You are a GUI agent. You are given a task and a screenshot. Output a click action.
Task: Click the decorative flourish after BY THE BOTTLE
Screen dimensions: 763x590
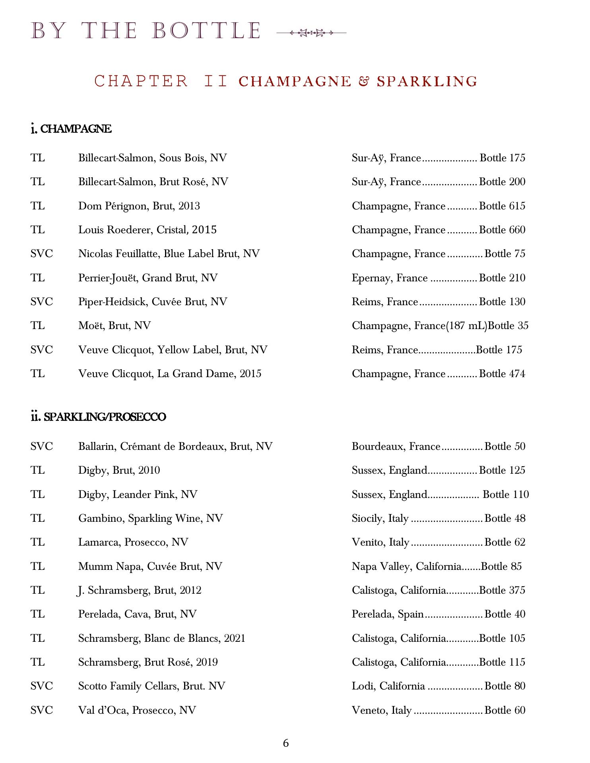(x=311, y=33)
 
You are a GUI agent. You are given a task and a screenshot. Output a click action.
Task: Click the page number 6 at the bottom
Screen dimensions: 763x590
(x=286, y=743)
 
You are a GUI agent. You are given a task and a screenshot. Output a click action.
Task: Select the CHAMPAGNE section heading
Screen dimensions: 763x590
(x=71, y=129)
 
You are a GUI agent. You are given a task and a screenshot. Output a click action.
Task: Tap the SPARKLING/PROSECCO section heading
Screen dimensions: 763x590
(x=98, y=417)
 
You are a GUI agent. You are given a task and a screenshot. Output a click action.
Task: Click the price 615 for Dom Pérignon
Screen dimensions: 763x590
(x=517, y=206)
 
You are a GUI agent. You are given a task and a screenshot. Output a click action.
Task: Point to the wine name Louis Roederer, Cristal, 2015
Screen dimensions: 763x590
(x=147, y=230)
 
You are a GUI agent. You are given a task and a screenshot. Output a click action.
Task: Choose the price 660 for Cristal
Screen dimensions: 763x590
(x=517, y=230)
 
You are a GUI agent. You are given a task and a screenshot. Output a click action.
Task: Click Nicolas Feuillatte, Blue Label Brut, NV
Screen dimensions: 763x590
(x=169, y=254)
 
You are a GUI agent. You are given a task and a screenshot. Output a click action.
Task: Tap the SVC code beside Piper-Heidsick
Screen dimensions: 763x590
(x=41, y=302)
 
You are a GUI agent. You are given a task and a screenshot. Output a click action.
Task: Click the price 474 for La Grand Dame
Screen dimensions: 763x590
(x=517, y=374)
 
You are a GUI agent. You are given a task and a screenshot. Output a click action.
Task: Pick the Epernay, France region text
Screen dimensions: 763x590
(x=389, y=278)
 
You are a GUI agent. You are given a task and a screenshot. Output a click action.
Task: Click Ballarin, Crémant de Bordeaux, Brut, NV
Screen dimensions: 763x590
(x=175, y=446)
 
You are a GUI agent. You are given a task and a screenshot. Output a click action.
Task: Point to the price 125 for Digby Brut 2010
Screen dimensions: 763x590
(x=517, y=470)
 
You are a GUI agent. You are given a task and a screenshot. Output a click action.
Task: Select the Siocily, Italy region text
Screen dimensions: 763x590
(x=380, y=518)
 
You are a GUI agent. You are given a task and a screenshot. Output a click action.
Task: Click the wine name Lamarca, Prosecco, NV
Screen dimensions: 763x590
(x=133, y=542)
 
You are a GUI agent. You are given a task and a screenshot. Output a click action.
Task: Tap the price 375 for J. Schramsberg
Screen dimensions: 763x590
(x=517, y=590)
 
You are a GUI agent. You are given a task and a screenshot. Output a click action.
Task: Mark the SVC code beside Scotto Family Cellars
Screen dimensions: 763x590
(x=41, y=686)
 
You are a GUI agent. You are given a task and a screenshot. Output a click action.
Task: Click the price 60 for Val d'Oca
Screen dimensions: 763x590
(x=519, y=710)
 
